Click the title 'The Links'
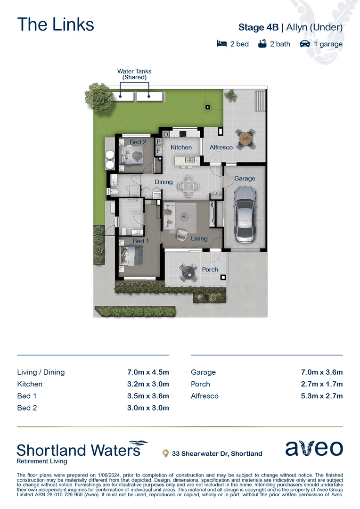(x=56, y=25)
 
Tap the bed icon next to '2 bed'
(x=221, y=44)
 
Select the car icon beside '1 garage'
(x=305, y=44)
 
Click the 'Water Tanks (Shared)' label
(x=134, y=74)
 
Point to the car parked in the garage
(x=245, y=214)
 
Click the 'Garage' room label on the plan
(x=245, y=179)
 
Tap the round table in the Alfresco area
(x=245, y=138)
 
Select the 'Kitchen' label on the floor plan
(x=181, y=148)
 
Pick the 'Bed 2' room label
(x=138, y=142)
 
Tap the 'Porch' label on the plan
(x=210, y=270)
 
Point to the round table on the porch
(x=188, y=271)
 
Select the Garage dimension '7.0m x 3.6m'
(x=321, y=372)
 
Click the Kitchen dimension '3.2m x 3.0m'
(x=148, y=384)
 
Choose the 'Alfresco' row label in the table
(x=205, y=396)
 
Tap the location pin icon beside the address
(x=165, y=453)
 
